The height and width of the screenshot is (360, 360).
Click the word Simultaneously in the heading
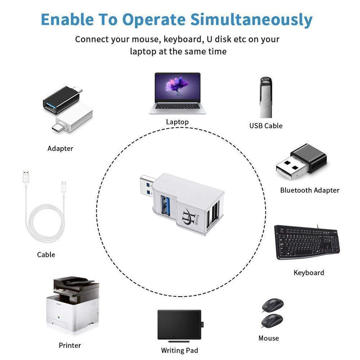point(252,20)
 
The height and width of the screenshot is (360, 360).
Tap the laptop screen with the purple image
point(177,87)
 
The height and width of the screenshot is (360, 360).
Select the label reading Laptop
point(177,122)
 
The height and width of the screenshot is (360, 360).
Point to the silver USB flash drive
point(266,97)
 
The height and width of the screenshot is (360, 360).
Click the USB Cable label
point(266,126)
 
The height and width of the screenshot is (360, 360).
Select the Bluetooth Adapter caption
point(310,190)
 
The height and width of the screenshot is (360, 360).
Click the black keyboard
point(307,242)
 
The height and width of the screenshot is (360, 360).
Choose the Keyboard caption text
point(309,273)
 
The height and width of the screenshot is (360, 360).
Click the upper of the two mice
point(273,306)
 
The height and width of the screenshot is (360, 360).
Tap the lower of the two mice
point(272,320)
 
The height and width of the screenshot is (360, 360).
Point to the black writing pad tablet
point(180,324)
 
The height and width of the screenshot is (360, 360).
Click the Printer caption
point(70,346)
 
